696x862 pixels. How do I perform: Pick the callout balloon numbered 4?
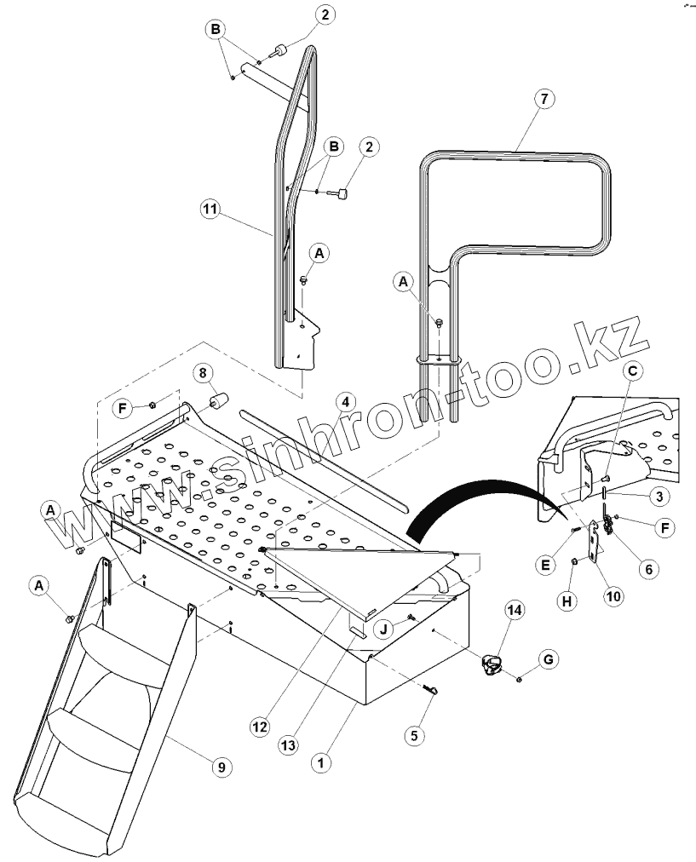[343, 399]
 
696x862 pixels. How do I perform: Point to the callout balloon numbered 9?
[220, 767]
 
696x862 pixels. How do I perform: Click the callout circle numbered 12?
[261, 727]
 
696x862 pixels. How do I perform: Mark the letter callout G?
[549, 658]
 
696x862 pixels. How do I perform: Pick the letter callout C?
[631, 371]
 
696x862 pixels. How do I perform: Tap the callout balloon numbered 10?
[613, 595]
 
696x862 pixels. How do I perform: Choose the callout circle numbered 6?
[648, 570]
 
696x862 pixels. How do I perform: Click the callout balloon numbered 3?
[657, 495]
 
